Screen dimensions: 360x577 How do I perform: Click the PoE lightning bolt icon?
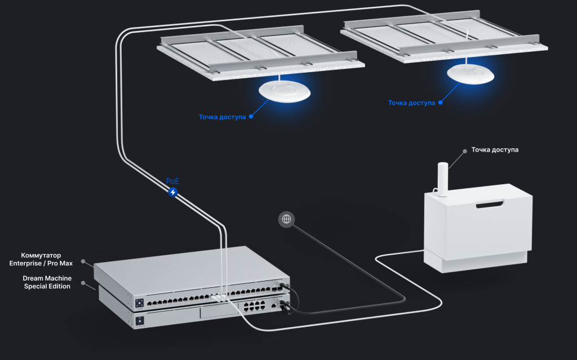coord(173,192)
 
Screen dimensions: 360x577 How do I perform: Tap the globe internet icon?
coord(286,219)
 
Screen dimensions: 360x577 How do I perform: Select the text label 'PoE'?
coord(173,181)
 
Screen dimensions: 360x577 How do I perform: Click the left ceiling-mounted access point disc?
coord(285,92)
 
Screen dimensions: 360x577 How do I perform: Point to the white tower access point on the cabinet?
coord(443,179)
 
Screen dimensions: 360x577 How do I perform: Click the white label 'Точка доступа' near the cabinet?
coord(495,150)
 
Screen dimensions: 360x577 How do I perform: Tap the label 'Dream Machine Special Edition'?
coord(47,282)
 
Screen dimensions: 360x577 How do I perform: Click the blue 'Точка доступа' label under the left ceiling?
coord(222,117)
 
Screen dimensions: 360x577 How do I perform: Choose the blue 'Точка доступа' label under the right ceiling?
coord(411,103)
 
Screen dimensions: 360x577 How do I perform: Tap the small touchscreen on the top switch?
coord(139,303)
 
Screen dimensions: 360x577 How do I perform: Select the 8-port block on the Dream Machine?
coord(253,308)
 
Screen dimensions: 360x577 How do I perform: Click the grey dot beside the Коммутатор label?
coord(83,261)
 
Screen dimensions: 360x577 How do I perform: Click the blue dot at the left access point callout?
coord(251,117)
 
